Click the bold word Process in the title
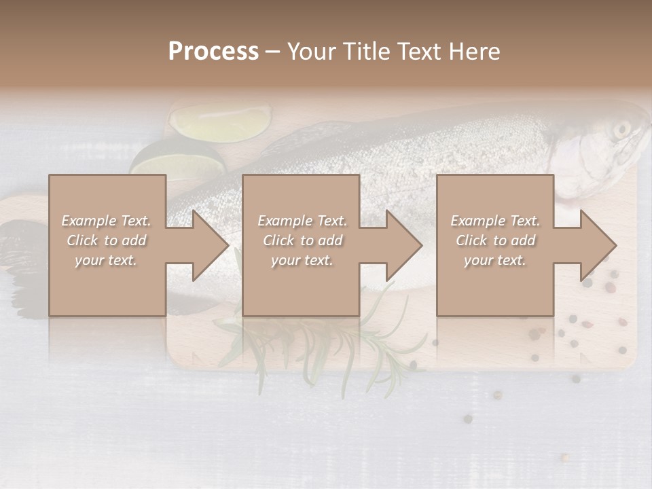213,52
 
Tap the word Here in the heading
476,52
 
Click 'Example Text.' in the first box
106,221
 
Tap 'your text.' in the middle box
302,260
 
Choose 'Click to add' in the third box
495,240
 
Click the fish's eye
621,129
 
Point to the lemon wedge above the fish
219,123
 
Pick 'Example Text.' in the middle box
302,221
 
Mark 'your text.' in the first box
106,260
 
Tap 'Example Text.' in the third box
495,221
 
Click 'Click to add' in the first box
106,240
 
